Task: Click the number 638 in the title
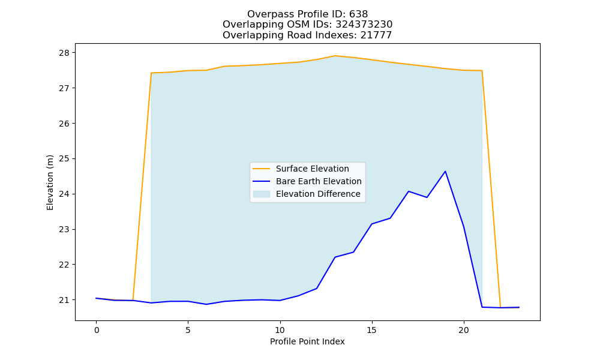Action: [359, 14]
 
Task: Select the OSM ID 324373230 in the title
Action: [364, 25]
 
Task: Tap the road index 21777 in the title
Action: [376, 35]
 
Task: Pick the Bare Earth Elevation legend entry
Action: [307, 181]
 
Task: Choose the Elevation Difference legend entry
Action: [307, 194]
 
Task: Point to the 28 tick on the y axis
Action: [64, 53]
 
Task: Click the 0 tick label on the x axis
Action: [96, 330]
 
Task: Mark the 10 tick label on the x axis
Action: [280, 330]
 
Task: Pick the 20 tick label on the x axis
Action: [464, 330]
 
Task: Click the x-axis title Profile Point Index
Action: [307, 341]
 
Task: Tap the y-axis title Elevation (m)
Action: [50, 182]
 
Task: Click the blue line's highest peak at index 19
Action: [445, 172]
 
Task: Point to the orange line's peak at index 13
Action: [335, 56]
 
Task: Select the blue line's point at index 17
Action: [409, 191]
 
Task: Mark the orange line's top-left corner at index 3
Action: [152, 73]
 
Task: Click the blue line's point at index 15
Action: [372, 224]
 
